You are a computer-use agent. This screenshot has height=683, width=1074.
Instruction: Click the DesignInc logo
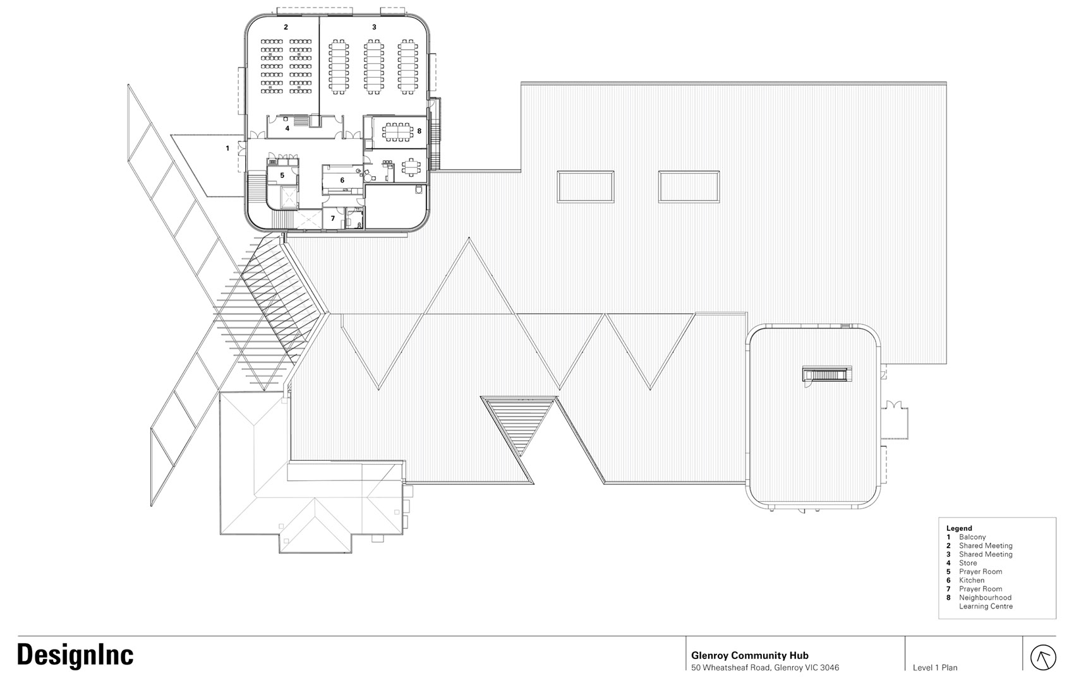pos(75,655)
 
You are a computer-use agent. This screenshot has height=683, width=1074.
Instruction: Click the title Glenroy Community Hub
pos(749,655)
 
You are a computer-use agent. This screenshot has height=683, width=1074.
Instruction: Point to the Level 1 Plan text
pos(935,668)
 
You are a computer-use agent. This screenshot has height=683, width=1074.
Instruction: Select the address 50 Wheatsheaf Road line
pos(764,668)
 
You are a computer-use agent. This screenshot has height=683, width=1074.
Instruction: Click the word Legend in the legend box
pos(959,528)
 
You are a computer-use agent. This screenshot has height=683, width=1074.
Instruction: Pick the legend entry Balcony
pos(972,537)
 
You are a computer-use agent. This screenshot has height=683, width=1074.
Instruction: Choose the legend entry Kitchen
pos(972,580)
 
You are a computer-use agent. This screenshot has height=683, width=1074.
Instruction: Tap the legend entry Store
pos(968,563)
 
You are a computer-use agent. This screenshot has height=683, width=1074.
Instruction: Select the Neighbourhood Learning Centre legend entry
pos(986,602)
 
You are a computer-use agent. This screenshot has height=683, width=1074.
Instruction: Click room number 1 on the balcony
pos(227,148)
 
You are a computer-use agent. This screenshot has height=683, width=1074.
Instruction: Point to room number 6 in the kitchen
pos(342,181)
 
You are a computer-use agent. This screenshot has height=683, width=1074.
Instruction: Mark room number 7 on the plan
pos(333,218)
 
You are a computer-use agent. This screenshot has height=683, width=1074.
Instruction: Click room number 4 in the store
pos(287,128)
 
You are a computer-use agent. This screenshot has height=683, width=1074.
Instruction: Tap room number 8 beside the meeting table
pos(419,131)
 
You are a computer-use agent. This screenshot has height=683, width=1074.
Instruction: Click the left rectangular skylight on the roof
pos(586,187)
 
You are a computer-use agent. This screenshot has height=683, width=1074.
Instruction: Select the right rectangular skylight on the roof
pos(689,187)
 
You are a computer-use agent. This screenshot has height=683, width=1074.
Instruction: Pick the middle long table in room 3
pos(373,67)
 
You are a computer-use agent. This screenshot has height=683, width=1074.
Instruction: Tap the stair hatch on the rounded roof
pos(827,374)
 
